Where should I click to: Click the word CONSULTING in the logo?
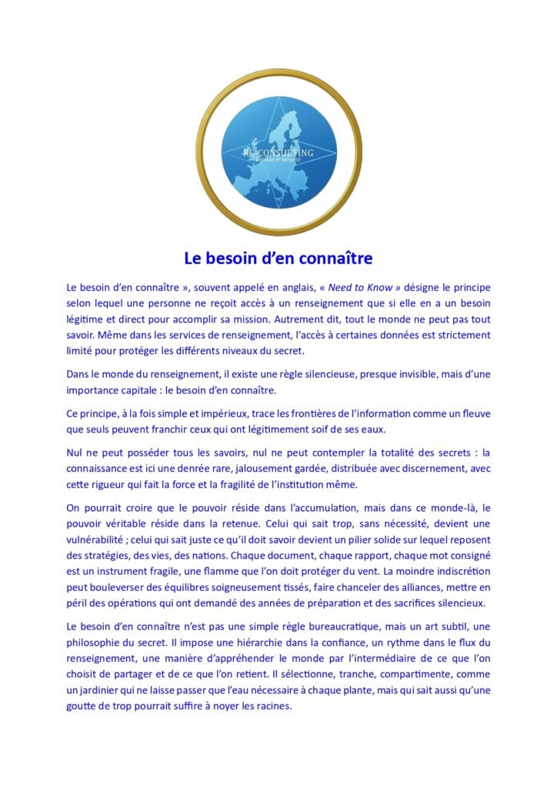point(285,152)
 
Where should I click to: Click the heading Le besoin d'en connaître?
point(278,256)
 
